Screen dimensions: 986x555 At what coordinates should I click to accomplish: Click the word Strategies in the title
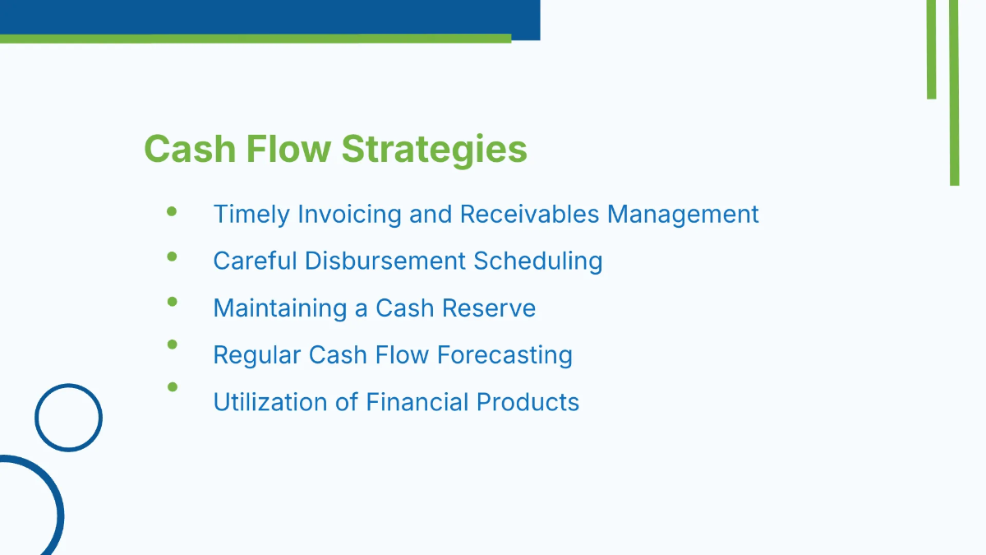click(x=434, y=150)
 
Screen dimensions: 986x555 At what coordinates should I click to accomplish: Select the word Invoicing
click(x=349, y=215)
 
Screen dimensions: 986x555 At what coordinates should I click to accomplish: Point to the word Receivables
click(x=529, y=214)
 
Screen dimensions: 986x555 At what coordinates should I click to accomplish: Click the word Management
click(x=683, y=215)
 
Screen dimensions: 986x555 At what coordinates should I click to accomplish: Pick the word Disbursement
click(x=385, y=261)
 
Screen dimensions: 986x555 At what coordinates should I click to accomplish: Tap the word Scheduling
click(x=538, y=261)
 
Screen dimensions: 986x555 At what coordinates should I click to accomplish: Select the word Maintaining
click(x=280, y=308)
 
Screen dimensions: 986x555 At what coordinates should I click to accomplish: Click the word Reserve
click(x=489, y=308)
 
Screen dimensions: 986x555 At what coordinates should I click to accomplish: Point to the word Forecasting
click(x=505, y=355)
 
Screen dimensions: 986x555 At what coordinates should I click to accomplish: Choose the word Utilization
click(x=270, y=402)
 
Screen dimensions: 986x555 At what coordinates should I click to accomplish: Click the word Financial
click(x=417, y=402)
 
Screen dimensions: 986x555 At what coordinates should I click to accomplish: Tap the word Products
click(x=528, y=402)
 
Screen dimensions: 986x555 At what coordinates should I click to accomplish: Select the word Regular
click(x=257, y=355)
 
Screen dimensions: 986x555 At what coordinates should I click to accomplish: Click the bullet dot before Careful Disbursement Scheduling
click(x=172, y=257)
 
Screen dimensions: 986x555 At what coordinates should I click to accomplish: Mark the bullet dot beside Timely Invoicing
click(x=172, y=212)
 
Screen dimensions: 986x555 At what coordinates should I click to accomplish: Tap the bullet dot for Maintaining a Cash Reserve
click(x=172, y=302)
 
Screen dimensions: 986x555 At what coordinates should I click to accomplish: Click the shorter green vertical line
click(x=932, y=49)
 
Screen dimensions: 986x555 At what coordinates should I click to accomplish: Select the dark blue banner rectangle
click(x=270, y=17)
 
